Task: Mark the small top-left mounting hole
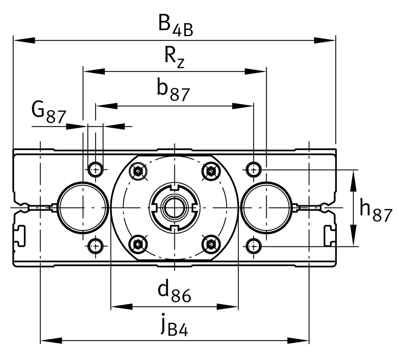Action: [96, 170]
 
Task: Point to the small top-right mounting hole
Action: [253, 170]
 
